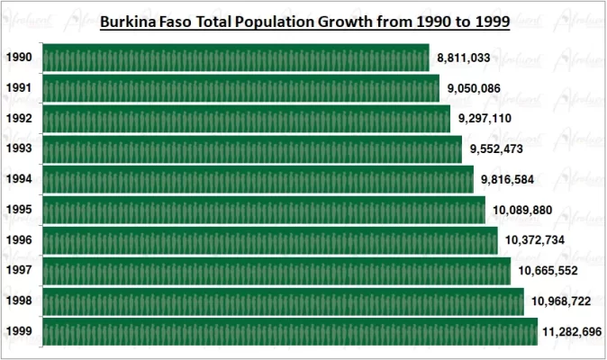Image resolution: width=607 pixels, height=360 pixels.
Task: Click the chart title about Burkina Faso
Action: click(x=304, y=21)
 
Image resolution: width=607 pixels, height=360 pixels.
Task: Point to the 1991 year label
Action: click(x=19, y=88)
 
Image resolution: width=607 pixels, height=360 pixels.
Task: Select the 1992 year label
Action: click(x=19, y=119)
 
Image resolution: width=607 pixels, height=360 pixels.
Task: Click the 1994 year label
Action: click(x=19, y=179)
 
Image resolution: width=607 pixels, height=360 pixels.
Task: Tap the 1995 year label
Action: click(x=19, y=210)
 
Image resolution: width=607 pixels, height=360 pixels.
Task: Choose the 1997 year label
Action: click(x=19, y=271)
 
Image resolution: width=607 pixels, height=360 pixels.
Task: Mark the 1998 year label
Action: click(x=19, y=301)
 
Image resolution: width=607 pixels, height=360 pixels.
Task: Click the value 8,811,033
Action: click(x=463, y=58)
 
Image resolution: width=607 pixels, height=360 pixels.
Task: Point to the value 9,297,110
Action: click(x=485, y=119)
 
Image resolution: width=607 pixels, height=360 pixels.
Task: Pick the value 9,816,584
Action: click(x=507, y=180)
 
